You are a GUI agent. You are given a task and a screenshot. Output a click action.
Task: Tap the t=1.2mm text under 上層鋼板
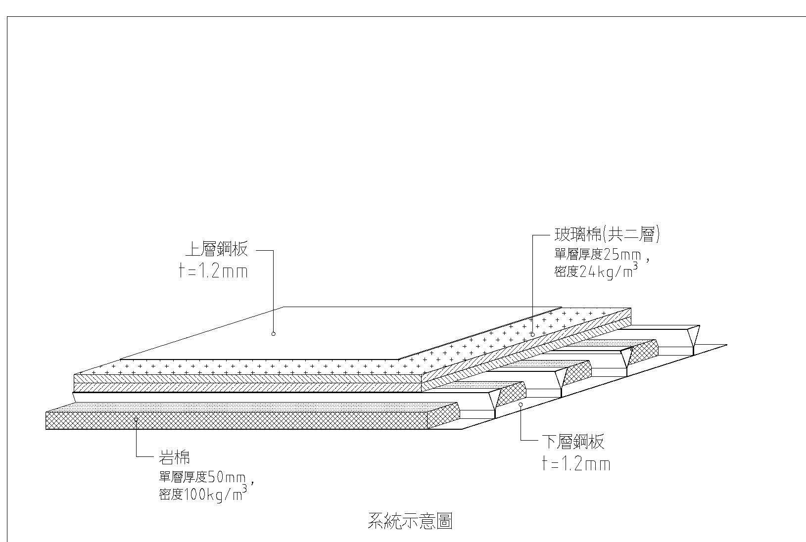(213, 271)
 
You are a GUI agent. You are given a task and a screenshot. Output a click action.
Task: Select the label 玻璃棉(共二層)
(607, 234)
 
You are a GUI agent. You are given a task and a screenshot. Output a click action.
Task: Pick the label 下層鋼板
(573, 442)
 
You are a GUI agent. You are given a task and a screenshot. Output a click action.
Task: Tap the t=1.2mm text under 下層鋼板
(576, 464)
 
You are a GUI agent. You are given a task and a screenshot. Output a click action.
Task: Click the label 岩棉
(174, 458)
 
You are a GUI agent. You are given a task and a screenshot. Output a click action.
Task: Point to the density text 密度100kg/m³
(200, 495)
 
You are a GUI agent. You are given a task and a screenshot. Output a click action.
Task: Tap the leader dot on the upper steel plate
(274, 334)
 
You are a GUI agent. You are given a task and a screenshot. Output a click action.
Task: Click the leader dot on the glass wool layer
(532, 334)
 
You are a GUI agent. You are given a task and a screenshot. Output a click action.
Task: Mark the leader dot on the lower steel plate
(521, 405)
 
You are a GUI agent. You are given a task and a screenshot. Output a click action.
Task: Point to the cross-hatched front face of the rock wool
(247, 420)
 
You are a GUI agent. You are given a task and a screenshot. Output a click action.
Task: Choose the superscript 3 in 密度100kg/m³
(244, 489)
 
